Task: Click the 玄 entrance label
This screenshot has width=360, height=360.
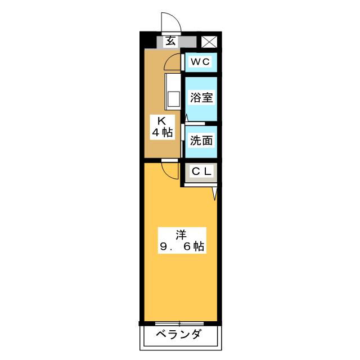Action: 171,41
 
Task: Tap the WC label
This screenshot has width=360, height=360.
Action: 200,61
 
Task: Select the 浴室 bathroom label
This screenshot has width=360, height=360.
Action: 201,97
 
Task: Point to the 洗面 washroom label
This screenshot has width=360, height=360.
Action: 201,140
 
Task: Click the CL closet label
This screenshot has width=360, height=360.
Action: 201,171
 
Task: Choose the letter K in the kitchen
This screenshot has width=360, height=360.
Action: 162,121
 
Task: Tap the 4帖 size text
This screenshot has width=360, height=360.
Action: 163,133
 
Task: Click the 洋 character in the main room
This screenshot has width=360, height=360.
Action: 181,235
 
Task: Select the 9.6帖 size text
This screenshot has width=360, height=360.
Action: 182,246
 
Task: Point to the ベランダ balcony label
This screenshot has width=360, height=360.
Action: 179,335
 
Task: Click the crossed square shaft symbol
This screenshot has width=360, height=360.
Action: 209,42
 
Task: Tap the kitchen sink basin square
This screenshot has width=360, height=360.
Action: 174,99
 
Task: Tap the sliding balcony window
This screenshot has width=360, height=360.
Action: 179,323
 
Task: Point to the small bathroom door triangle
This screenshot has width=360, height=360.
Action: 187,118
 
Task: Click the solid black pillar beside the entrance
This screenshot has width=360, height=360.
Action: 148,40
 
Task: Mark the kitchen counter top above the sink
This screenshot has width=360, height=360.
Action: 173,82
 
